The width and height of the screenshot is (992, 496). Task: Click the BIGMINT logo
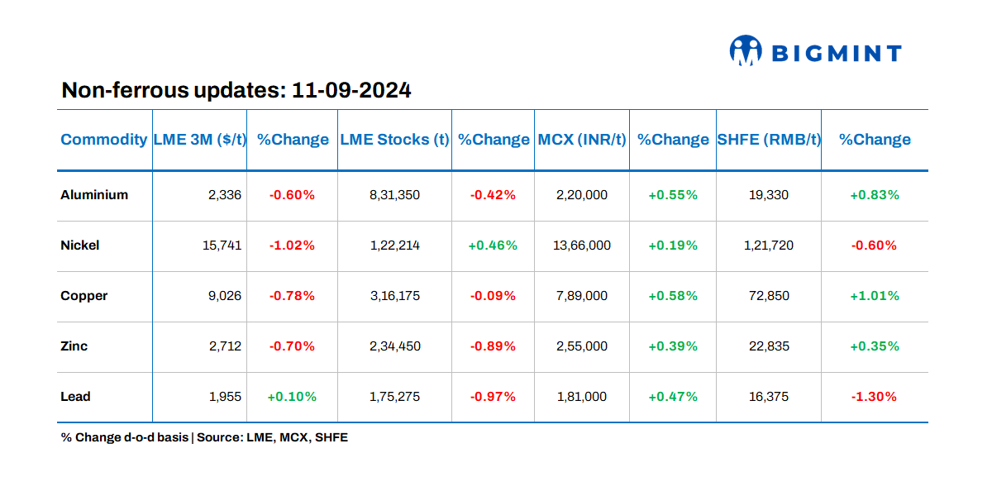pos(815,53)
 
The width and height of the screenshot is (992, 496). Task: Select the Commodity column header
pos(103,140)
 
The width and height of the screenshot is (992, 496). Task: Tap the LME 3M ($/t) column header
pos(200,140)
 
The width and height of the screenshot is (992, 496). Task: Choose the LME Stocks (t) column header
pos(394,140)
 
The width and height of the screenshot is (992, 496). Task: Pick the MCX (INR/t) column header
pos(582,140)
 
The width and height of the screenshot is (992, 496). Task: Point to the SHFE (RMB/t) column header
pos(769,140)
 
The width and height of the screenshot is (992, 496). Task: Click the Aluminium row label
pos(94,195)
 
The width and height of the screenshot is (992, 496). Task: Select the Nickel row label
pos(80,246)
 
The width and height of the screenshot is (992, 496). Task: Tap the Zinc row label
pos(74,346)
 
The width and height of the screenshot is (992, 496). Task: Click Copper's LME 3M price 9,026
pos(224,296)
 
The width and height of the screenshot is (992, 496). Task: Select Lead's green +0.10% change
pos(292,397)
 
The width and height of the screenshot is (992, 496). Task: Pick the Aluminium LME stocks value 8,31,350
pos(394,195)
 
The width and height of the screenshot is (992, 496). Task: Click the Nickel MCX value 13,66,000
pos(582,246)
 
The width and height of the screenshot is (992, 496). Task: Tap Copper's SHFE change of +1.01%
pos(875,296)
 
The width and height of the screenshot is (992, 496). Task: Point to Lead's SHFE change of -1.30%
pos(875,397)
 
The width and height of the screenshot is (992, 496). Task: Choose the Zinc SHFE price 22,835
pos(769,346)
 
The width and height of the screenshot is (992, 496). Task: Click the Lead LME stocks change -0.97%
pos(493,397)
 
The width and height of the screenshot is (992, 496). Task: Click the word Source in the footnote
pos(220,437)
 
